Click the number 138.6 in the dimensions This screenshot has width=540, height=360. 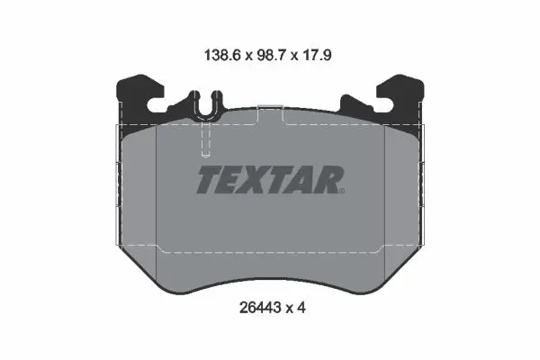[x=222, y=55]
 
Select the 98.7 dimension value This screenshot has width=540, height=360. [x=271, y=55]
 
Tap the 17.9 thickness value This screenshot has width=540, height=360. [x=317, y=55]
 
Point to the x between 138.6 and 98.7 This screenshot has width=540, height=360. [x=248, y=56]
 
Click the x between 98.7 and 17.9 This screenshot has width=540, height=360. [x=293, y=56]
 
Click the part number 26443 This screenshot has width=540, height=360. [x=260, y=308]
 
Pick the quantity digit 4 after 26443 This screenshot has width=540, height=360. [x=301, y=308]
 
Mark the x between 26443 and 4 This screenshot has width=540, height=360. [x=289, y=309]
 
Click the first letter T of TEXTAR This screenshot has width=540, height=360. [x=211, y=179]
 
